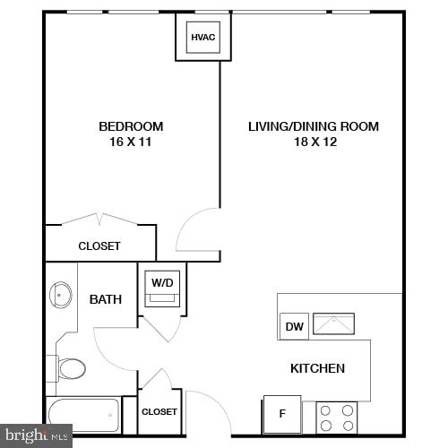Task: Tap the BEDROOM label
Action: click(x=131, y=126)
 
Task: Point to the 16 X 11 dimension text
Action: click(x=131, y=142)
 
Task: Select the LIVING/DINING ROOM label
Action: click(x=313, y=126)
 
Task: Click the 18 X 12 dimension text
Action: click(x=313, y=142)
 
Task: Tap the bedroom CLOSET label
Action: click(x=99, y=246)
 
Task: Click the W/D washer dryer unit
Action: click(x=162, y=289)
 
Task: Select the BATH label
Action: click(x=106, y=299)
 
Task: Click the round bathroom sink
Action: click(x=61, y=294)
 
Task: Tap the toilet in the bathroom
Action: click(x=70, y=368)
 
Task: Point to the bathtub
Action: click(x=83, y=413)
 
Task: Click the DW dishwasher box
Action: click(x=294, y=327)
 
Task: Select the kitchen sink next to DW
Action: click(x=332, y=324)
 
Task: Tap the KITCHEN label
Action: click(x=317, y=368)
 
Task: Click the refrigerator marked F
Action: click(x=282, y=415)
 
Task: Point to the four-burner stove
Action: click(x=337, y=418)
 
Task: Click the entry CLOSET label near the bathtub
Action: click(x=159, y=411)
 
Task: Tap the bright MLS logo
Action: click(x=36, y=435)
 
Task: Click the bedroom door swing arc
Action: click(x=195, y=231)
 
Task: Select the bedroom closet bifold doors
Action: click(x=101, y=219)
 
